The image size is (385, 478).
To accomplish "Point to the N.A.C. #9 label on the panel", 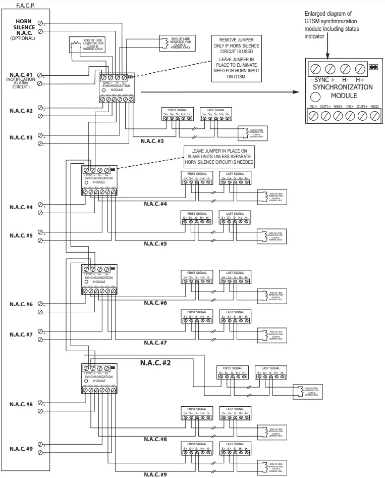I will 21,449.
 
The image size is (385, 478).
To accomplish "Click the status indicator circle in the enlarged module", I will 315,97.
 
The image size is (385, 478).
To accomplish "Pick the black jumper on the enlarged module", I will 374,67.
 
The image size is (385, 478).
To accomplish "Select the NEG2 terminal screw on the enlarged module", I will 374,116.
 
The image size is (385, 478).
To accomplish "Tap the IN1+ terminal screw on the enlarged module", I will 313,116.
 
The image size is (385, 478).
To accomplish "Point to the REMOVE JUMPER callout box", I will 237,59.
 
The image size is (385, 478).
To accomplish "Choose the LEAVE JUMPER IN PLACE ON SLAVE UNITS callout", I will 218,157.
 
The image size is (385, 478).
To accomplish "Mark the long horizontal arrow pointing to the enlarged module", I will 217,92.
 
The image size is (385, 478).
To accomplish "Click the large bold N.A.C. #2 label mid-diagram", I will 155,362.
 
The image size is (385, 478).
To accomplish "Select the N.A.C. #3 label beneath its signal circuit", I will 152,141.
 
